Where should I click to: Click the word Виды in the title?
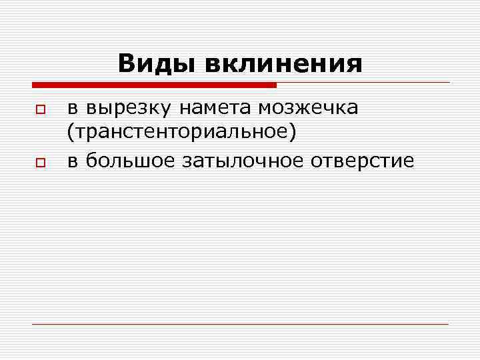pos(157,65)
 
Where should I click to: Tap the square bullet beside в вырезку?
pos(40,109)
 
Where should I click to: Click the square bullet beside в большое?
pos(40,162)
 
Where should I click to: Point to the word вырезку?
pos(127,109)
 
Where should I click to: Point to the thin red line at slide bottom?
pos(240,324)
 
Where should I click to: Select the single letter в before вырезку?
pos(73,109)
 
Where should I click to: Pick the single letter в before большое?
pos(73,161)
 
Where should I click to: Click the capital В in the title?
pos(127,65)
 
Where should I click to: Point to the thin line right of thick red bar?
pos(363,83)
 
